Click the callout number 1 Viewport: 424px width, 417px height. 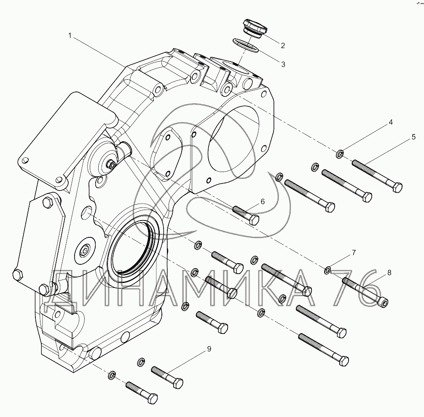click(x=70, y=35)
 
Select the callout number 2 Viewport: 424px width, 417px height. click(x=283, y=46)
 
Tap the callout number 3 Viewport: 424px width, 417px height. click(x=283, y=65)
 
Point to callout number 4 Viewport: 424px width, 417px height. click(x=390, y=122)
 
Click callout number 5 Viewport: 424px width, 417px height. click(x=413, y=137)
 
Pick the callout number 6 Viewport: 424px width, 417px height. click(x=263, y=202)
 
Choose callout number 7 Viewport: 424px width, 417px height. click(x=354, y=253)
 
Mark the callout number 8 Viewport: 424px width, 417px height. click(x=389, y=273)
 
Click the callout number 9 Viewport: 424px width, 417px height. click(x=209, y=349)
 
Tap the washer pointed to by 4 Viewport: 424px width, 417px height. click(x=340, y=154)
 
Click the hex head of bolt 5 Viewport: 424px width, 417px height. click(x=397, y=187)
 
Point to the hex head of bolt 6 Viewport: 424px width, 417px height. click(x=254, y=220)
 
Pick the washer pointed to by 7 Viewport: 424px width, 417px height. click(x=327, y=269)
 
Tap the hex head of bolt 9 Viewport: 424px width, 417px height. click(x=178, y=383)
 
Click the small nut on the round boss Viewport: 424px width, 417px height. click(x=110, y=164)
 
